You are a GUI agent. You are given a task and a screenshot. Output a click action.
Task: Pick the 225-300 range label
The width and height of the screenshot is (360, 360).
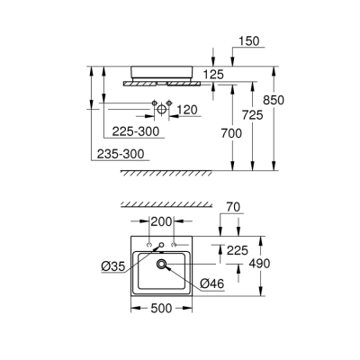[x=131, y=132]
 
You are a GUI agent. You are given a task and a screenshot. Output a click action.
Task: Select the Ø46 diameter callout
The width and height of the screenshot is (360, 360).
[x=211, y=284]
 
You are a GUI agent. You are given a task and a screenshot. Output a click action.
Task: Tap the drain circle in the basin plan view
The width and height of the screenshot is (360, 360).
[x=162, y=265]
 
